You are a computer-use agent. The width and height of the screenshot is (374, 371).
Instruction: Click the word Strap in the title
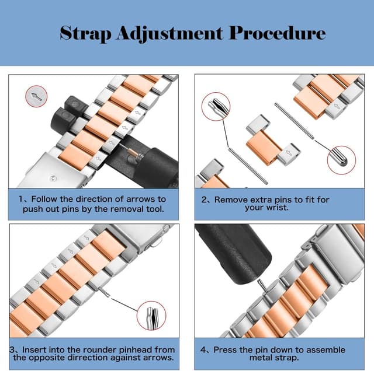85,33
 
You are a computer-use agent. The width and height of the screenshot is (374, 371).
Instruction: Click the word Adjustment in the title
169,33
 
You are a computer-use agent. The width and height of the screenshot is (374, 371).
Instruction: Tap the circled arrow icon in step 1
36,96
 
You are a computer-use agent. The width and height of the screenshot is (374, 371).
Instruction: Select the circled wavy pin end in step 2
216,107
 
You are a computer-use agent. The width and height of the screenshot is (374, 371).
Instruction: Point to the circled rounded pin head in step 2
341,160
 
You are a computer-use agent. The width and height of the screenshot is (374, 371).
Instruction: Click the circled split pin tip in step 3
151,316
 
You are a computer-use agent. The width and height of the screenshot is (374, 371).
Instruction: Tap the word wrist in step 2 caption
276,208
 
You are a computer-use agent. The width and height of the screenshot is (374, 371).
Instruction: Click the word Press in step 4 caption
226,349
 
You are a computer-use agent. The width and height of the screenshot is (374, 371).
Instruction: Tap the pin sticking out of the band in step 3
104,292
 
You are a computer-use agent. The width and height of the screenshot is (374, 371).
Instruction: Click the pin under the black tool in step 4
262,285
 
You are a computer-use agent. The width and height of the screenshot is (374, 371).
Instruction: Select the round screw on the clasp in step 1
53,178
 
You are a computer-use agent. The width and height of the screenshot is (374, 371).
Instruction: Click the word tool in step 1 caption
155,209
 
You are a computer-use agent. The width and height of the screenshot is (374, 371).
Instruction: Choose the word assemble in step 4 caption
325,349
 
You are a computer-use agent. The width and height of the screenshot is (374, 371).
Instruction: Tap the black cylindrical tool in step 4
234,253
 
